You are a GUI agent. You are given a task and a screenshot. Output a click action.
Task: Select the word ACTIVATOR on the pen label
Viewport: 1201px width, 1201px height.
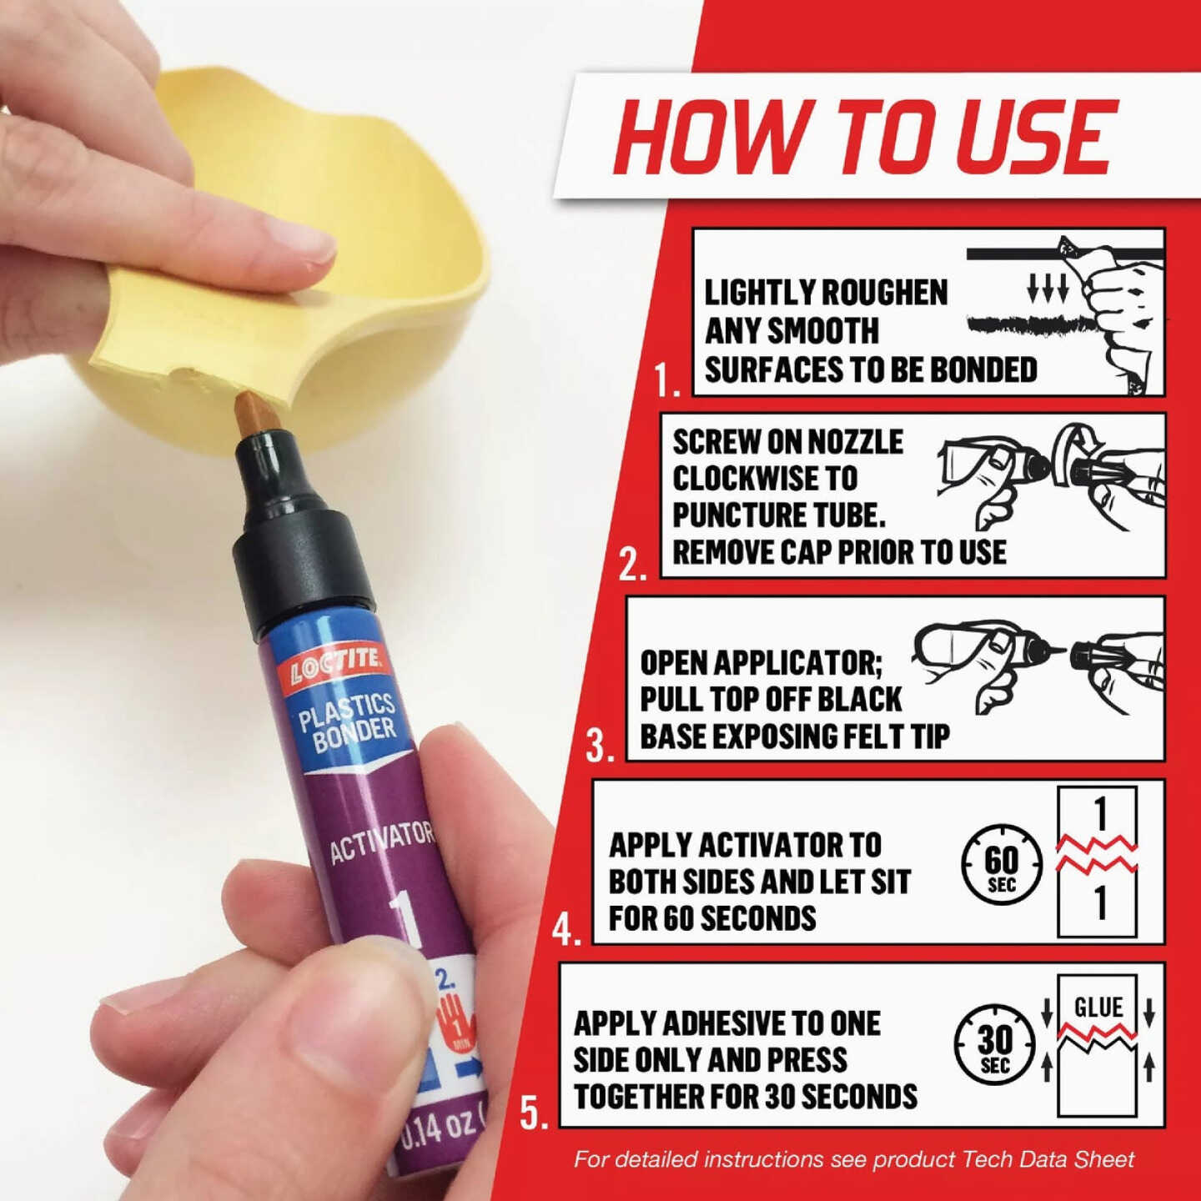[381, 842]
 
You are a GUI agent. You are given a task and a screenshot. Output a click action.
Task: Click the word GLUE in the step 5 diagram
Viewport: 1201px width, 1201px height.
[1098, 1008]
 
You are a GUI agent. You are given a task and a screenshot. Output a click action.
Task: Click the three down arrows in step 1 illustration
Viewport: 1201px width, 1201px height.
[1048, 289]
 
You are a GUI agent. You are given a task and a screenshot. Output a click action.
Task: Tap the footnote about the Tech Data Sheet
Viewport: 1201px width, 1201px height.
[854, 1159]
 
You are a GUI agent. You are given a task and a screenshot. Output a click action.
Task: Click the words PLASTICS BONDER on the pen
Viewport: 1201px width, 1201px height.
[349, 721]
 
